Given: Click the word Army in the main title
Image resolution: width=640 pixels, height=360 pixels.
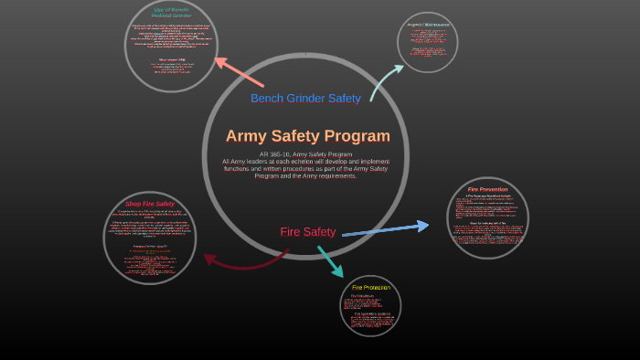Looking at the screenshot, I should pos(247,136).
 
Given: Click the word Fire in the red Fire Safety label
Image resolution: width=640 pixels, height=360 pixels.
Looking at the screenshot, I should pos(291,232).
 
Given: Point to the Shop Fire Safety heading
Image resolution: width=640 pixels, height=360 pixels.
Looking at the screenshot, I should pos(150,204).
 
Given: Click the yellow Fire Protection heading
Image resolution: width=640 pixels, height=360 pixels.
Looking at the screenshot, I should pos(371,288).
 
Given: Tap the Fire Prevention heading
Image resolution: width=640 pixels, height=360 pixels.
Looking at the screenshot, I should pos(487,189).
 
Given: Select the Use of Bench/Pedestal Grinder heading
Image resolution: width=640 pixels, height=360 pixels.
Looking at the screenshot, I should pos(171,13).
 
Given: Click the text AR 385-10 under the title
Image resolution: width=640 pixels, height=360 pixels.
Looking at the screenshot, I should pos(273,154).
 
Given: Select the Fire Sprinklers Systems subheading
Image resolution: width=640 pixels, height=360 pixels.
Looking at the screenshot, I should pos(371,313).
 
